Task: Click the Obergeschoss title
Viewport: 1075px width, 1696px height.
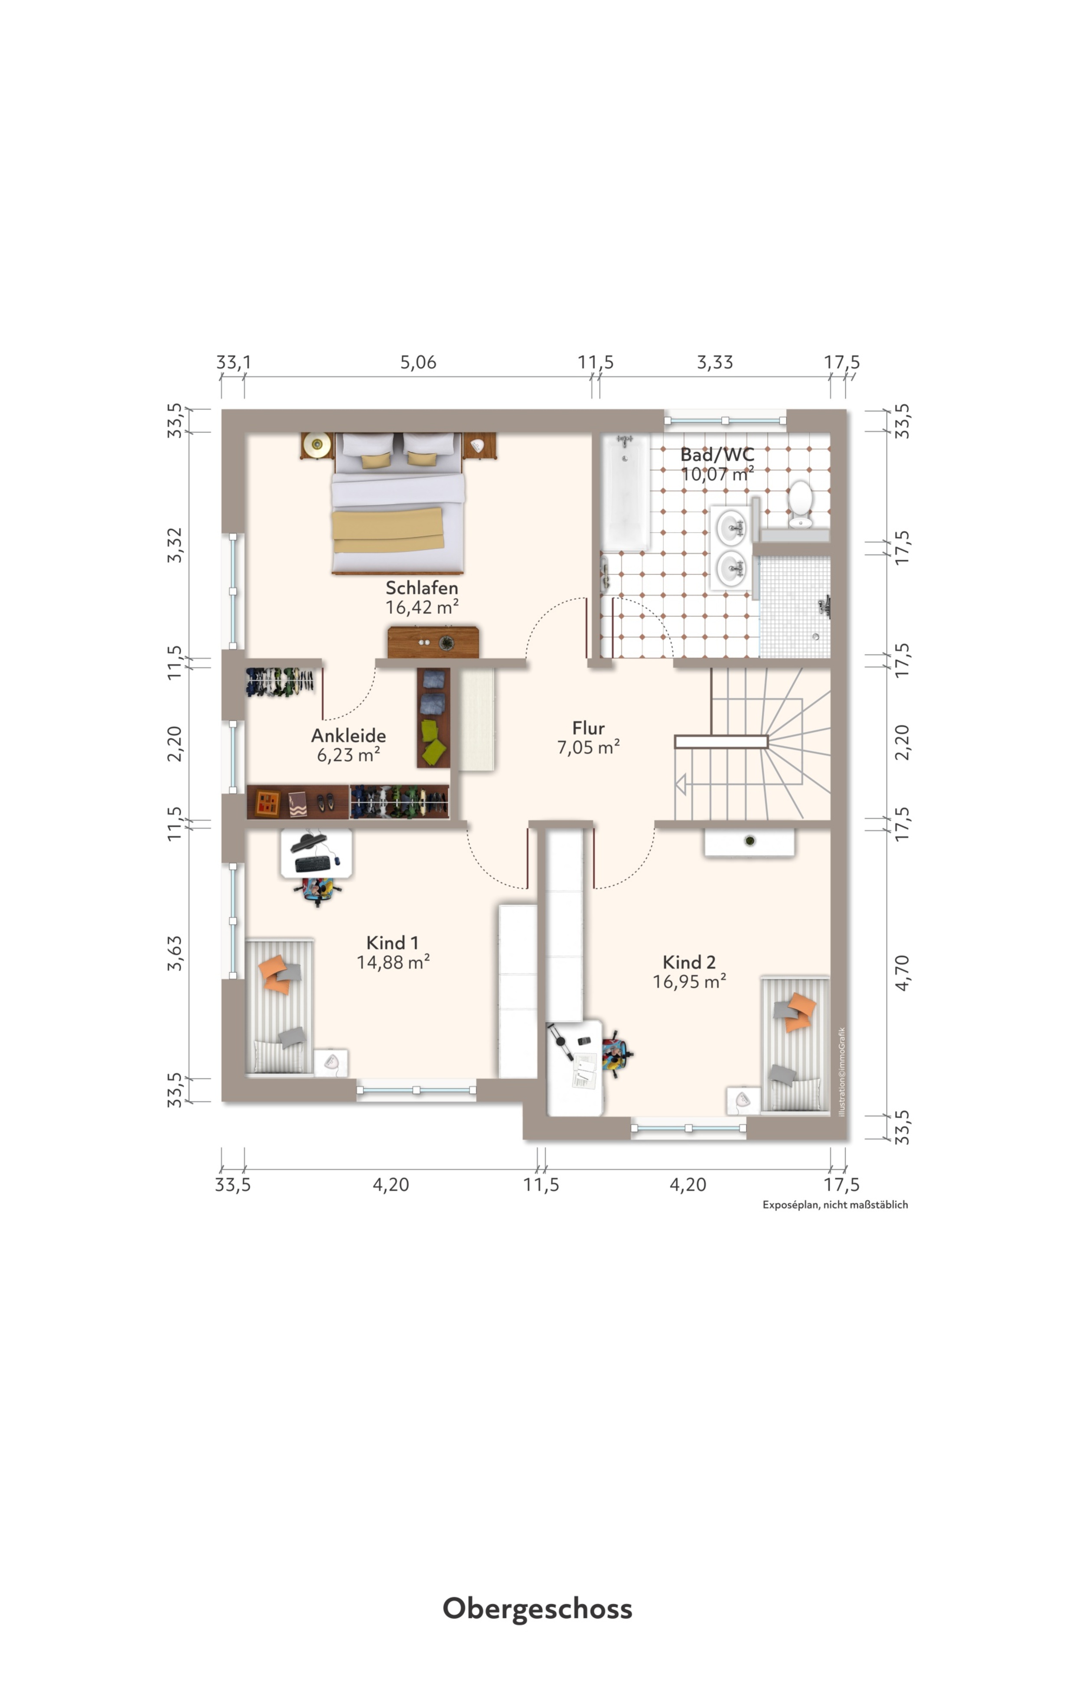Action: point(537,1608)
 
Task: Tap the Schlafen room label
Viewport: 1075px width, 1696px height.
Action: point(422,587)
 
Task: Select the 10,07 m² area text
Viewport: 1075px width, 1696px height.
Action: point(717,474)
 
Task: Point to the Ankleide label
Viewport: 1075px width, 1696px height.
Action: point(349,735)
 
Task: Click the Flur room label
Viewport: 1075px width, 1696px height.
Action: point(589,727)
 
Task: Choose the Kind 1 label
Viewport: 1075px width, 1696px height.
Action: point(392,943)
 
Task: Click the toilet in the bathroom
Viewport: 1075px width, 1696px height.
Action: point(801,503)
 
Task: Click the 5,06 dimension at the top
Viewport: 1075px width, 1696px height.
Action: point(418,362)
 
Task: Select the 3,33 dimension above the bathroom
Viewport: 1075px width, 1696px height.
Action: point(714,362)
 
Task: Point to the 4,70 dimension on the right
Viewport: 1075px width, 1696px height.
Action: point(902,973)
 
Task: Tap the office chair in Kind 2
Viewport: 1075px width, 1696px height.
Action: point(616,1053)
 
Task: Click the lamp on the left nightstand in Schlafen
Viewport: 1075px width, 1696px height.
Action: point(317,444)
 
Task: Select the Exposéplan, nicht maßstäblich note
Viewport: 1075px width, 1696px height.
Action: point(835,1204)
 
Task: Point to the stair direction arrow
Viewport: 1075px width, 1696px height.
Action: point(681,784)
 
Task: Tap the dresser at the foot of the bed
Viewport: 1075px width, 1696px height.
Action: point(433,642)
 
